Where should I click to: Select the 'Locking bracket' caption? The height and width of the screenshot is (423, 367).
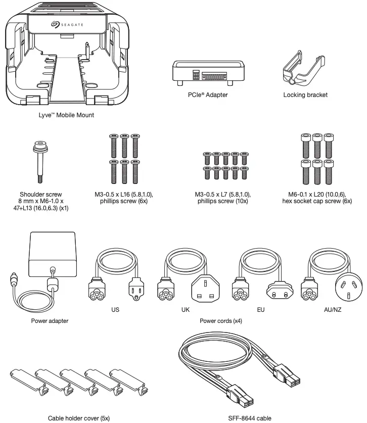[305, 95]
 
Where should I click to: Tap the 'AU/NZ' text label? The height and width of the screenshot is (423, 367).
[332, 310]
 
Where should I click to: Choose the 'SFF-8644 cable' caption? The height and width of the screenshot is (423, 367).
[250, 418]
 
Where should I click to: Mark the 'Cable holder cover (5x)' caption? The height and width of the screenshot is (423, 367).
[78, 418]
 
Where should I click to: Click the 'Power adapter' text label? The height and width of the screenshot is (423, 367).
[49, 320]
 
